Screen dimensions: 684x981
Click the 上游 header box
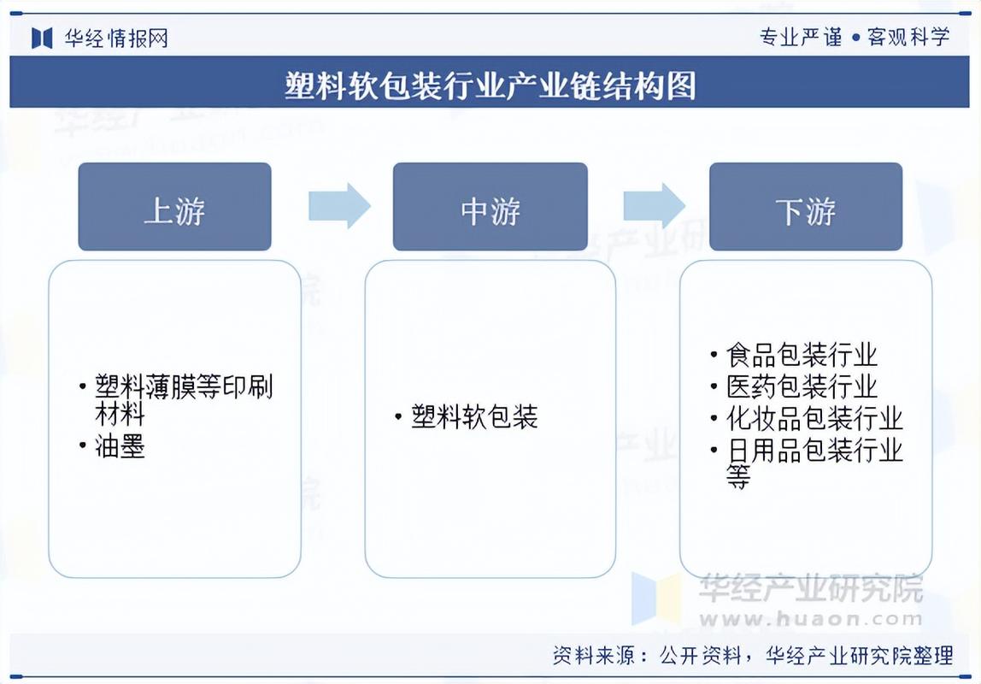[174, 207]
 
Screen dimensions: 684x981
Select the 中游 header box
[490, 207]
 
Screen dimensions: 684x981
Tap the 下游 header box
[805, 207]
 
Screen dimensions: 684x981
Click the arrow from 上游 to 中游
[339, 206]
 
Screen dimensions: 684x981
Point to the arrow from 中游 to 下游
[654, 206]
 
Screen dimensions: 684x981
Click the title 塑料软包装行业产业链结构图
[490, 85]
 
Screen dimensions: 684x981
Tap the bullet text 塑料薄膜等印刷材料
[184, 400]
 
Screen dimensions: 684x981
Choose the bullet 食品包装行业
[802, 355]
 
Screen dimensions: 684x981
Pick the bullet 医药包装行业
[802, 386]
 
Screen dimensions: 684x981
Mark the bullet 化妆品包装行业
[814, 418]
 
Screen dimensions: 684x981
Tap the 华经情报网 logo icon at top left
[42, 38]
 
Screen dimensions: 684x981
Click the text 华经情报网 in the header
[116, 38]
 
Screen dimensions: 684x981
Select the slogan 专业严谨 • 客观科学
[854, 37]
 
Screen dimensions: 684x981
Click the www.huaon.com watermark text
[812, 618]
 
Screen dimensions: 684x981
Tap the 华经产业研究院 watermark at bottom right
[811, 588]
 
